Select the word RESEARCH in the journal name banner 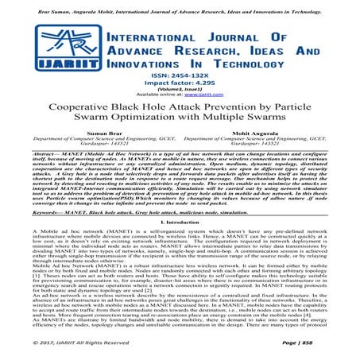point(212,53)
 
